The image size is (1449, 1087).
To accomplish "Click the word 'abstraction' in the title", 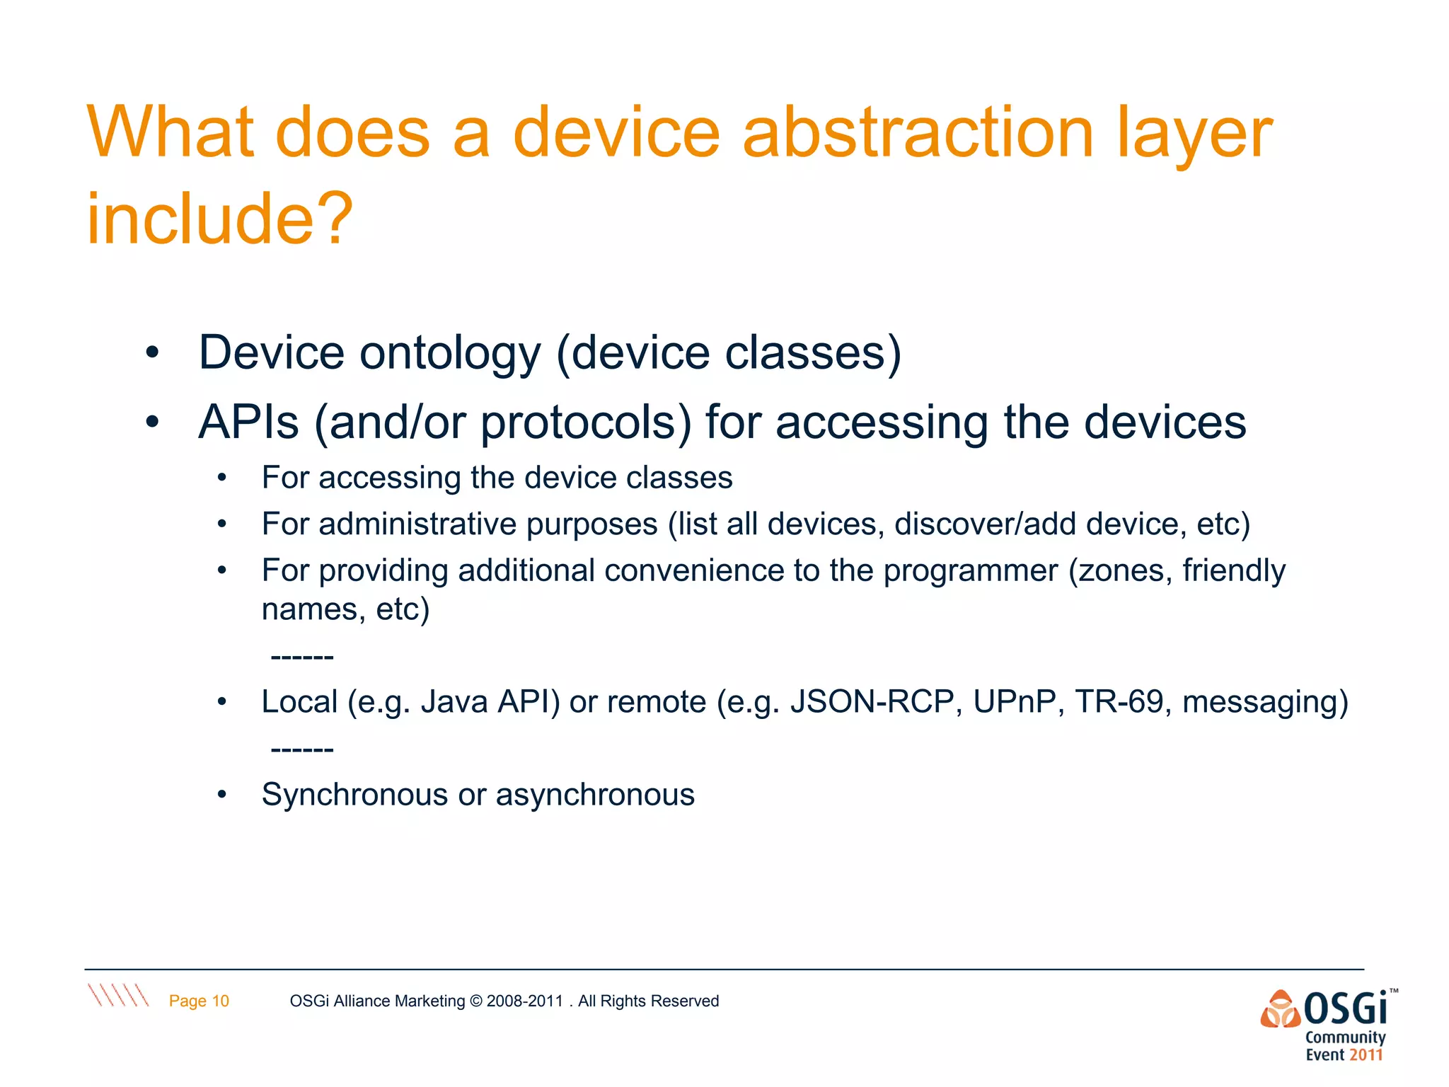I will click(918, 133).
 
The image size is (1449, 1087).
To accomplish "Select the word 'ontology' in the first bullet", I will click(450, 353).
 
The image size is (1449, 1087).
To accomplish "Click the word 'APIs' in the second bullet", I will click(249, 422).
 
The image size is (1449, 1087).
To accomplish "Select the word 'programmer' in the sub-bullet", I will click(970, 570).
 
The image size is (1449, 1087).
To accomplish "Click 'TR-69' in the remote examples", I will click(1119, 702).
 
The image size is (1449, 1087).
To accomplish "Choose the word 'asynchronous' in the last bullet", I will click(595, 795).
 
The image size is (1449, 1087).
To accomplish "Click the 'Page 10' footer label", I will click(199, 1001).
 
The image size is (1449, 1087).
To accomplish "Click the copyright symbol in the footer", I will click(475, 1001).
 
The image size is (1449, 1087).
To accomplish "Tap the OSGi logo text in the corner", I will click(1344, 1008).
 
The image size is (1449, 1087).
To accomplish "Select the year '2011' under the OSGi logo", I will click(1366, 1055).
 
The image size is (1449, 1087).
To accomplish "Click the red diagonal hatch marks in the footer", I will click(118, 995).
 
